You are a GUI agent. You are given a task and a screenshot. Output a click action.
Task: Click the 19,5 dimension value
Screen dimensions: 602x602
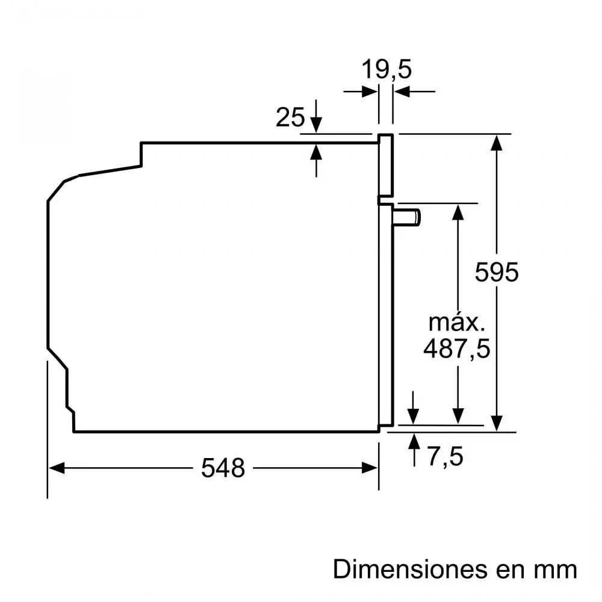pos(386,69)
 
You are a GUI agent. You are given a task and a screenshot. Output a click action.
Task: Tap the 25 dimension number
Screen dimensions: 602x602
pos(290,117)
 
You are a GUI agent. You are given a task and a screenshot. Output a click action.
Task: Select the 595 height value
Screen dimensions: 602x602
pos(496,272)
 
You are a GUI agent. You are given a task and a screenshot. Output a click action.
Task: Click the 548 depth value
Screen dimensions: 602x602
pos(223,468)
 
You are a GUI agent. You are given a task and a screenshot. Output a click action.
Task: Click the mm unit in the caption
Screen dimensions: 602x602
pos(554,568)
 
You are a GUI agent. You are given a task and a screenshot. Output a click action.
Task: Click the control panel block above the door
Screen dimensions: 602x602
pos(386,165)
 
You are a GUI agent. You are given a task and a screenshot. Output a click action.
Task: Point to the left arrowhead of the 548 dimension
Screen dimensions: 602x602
pos(55,468)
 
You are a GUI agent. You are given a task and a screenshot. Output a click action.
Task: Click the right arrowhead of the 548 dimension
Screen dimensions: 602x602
pos(371,468)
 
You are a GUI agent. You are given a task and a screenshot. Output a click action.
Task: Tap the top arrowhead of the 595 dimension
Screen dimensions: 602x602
pos(497,141)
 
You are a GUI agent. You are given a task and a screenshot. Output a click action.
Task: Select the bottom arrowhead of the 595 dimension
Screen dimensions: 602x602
pos(497,423)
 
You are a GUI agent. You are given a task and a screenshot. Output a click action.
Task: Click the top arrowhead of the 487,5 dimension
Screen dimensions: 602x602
pos(458,212)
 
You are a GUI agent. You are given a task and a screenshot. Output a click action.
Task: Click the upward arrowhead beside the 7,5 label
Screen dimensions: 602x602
pos(414,441)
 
